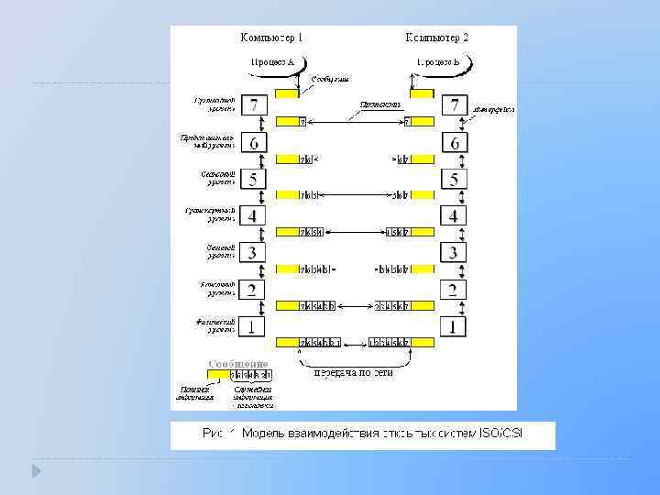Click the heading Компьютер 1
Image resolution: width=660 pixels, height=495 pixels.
tap(270, 38)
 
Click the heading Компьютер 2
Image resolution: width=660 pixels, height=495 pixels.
tap(437, 38)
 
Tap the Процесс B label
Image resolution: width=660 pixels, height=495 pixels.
tap(438, 62)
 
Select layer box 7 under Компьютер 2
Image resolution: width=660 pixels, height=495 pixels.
tap(455, 104)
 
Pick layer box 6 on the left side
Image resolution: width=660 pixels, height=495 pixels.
tap(254, 142)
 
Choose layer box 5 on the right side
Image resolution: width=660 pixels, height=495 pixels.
tap(455, 179)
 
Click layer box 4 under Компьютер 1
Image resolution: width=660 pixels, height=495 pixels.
tap(254, 215)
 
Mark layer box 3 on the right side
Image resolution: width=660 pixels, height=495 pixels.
tap(455, 252)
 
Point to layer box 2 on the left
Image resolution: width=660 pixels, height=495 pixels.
tap(254, 290)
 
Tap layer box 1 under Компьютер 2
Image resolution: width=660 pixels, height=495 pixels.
tap(455, 326)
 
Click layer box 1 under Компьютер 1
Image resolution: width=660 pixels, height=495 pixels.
tap(254, 326)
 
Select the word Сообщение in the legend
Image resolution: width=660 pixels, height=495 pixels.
tap(237, 364)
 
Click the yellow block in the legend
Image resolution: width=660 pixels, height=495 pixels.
tap(219, 376)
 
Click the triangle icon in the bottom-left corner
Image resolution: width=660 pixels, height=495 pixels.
tap(37, 471)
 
